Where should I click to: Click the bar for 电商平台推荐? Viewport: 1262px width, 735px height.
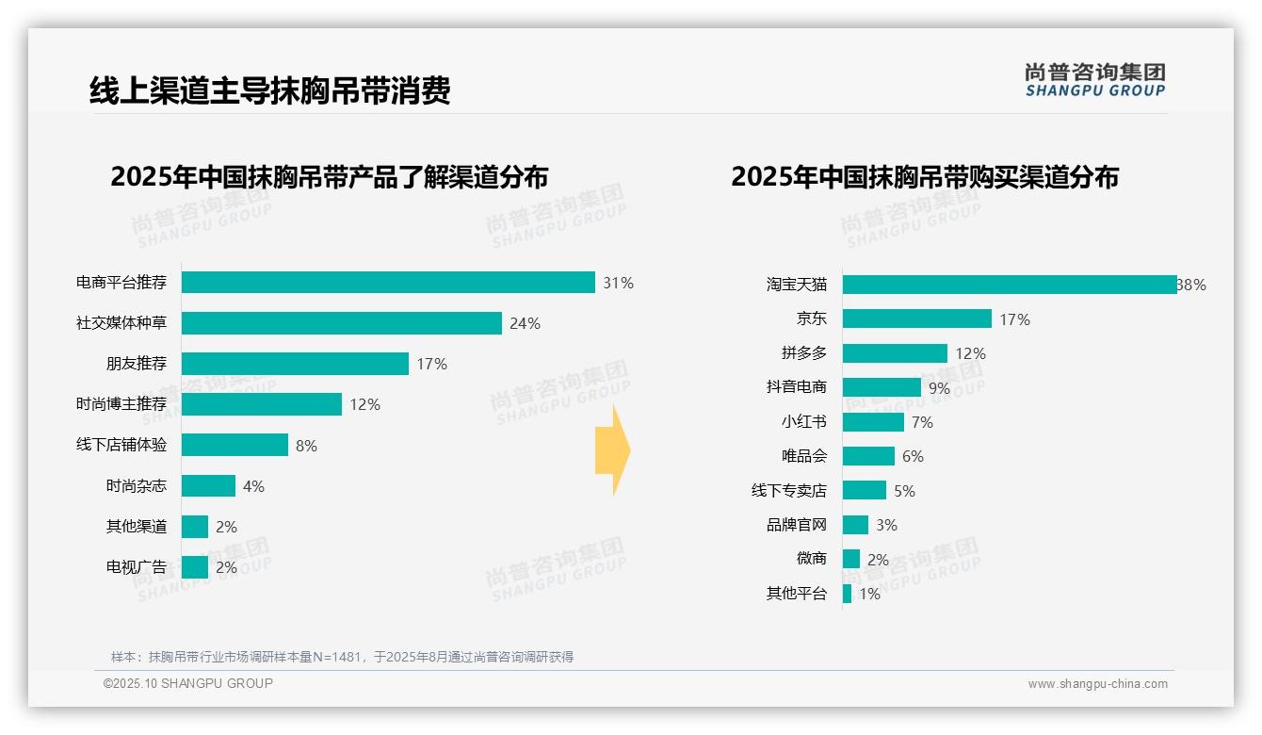(x=388, y=283)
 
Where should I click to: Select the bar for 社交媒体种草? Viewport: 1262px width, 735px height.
(x=341, y=323)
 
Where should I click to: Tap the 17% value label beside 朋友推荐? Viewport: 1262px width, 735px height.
(x=432, y=365)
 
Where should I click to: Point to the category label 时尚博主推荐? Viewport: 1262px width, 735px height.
(x=121, y=404)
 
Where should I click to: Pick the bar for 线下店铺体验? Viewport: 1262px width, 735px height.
(x=235, y=445)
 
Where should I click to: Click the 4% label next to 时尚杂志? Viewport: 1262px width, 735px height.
(x=253, y=486)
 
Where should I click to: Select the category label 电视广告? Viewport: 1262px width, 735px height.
(x=136, y=567)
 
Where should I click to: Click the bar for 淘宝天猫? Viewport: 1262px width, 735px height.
(x=1009, y=285)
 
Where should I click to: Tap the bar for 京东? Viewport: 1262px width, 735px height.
(x=916, y=318)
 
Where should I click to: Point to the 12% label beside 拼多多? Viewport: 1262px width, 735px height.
(x=970, y=354)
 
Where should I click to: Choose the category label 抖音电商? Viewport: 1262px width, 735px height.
(x=796, y=387)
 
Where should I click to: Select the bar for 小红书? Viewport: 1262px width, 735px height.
(x=873, y=422)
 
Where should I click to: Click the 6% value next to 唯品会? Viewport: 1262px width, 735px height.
(x=913, y=457)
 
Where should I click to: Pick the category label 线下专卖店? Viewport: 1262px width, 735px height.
(x=788, y=491)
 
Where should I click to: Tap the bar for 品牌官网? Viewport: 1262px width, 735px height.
(x=855, y=525)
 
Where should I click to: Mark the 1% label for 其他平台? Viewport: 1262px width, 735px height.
(x=869, y=595)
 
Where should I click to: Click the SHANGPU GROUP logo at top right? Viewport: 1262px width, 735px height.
(x=1094, y=80)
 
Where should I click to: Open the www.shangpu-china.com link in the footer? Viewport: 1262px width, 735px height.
(x=1097, y=684)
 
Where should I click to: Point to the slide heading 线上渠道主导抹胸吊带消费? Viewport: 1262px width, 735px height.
(x=269, y=90)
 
